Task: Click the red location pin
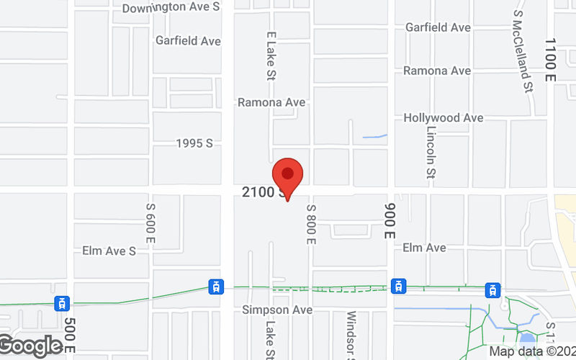288,175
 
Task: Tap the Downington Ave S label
171,8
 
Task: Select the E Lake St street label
271,55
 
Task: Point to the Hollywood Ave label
443,117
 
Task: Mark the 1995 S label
194,143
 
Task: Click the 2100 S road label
259,192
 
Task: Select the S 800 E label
312,224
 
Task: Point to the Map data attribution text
532,352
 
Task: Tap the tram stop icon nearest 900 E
397,286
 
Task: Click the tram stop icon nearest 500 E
62,303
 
